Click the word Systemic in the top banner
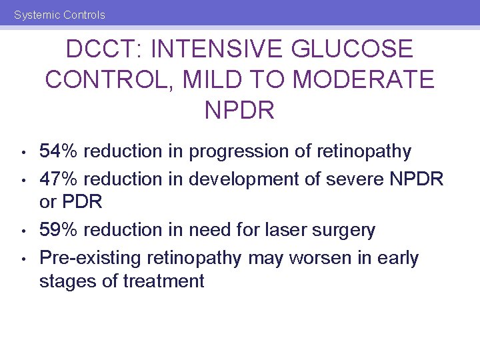tap(36, 15)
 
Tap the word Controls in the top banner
tap(83, 15)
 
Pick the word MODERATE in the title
tap(363, 79)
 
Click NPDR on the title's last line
tap(239, 110)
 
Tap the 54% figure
tap(59, 152)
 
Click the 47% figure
tap(59, 179)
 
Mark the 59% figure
tap(59, 231)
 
